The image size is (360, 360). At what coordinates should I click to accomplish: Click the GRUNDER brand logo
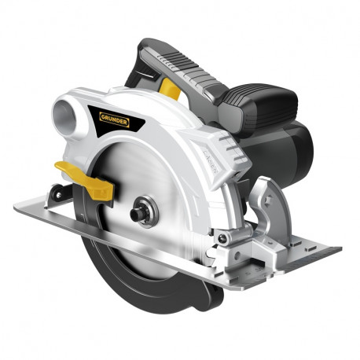115,119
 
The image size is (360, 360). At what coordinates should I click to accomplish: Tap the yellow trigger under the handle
171,89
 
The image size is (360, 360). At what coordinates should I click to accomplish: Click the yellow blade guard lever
86,180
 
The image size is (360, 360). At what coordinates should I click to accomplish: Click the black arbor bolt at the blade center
137,214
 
